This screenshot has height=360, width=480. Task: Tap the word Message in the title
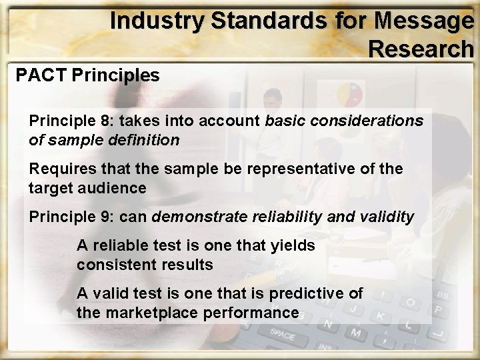point(424,21)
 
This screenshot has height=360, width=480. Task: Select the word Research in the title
point(421,49)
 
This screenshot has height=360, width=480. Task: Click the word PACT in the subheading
point(41,75)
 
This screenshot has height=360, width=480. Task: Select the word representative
point(293,169)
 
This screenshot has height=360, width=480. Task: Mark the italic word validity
point(387,217)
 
